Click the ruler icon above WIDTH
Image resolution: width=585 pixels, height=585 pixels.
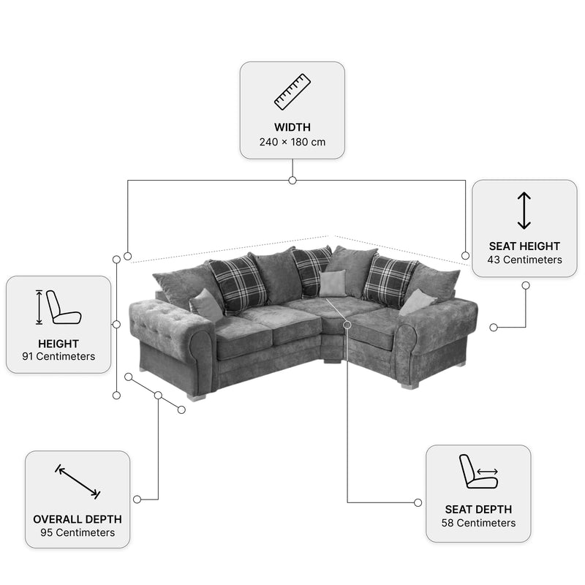(x=292, y=92)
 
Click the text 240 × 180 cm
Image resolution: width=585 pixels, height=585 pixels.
(x=292, y=142)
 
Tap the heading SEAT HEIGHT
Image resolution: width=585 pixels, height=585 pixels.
(x=524, y=246)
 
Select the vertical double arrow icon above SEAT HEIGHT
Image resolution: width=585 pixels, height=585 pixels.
(x=524, y=211)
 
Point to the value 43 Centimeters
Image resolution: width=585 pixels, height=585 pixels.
(x=524, y=260)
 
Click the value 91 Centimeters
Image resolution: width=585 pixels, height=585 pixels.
(x=58, y=356)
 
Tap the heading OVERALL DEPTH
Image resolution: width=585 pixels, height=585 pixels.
(x=78, y=519)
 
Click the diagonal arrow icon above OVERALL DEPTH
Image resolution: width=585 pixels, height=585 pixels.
(x=78, y=482)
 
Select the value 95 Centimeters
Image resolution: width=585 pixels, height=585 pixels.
(x=78, y=532)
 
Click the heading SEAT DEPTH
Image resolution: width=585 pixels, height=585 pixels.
(x=478, y=509)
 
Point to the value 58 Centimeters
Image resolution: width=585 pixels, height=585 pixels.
(x=478, y=523)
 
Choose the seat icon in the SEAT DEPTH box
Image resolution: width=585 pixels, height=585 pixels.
(x=478, y=471)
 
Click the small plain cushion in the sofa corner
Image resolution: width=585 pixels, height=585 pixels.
(x=332, y=284)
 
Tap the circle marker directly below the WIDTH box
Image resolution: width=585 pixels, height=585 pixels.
(x=292, y=181)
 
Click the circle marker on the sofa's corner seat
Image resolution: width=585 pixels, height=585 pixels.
(x=347, y=325)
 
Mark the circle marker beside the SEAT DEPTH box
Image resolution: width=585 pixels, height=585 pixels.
(x=418, y=502)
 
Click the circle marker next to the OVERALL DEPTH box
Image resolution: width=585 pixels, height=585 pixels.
(x=137, y=499)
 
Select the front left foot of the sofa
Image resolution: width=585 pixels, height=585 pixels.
(x=195, y=397)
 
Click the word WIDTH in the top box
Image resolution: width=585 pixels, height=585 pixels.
(x=292, y=127)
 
